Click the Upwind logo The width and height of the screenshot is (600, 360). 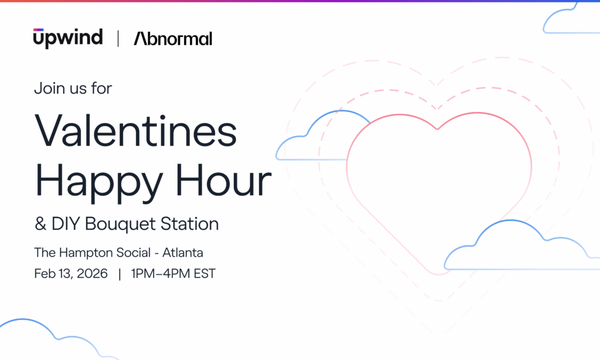coord(68,38)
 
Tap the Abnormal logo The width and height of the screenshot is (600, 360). coord(173,39)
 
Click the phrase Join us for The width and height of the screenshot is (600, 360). coord(73,89)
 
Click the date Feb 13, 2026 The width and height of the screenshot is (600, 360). coord(71,274)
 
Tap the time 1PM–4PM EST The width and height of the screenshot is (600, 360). coord(173,274)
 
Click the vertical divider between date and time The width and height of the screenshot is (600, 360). coord(120,274)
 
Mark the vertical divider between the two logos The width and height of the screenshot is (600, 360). coord(118,39)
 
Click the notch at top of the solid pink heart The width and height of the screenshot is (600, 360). coord(438,128)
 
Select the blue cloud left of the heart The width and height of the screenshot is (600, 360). coord(316,141)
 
